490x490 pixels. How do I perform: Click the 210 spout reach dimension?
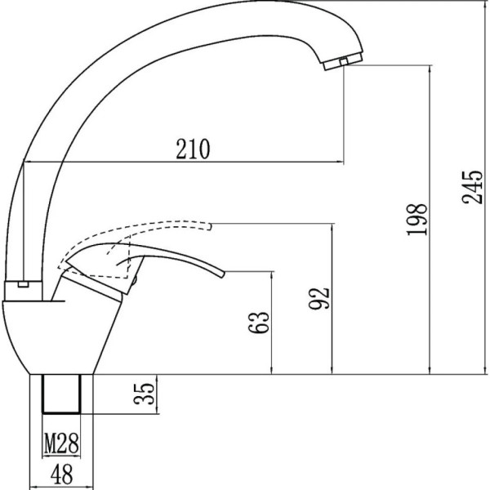pos(193,149)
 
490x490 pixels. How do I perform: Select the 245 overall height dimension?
pos(472,187)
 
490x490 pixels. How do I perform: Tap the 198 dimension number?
pos(416,219)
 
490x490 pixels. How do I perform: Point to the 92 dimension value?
pos(319,298)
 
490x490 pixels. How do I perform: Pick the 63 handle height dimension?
pos(258,323)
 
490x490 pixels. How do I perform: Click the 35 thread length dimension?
pos(144,394)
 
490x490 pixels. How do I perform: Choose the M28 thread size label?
pos(61,443)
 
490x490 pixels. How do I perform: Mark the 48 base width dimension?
pos(61,474)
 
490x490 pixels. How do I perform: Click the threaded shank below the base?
pos(61,394)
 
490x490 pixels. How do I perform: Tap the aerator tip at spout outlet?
pos(343,61)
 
